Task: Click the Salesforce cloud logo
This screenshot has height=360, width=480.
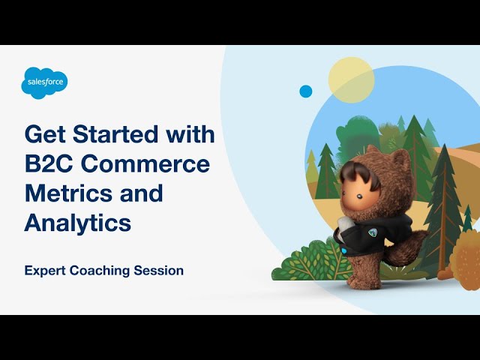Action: [44, 83]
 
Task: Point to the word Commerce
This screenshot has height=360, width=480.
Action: [145, 163]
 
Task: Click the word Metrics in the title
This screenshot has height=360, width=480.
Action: [68, 193]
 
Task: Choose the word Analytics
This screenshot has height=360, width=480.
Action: [78, 223]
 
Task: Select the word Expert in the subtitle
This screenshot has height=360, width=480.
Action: [45, 271]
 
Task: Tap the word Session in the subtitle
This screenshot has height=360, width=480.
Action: [158, 271]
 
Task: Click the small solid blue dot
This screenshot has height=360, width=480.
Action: [305, 91]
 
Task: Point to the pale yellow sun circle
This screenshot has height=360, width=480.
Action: [352, 80]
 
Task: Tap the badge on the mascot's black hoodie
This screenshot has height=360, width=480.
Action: [373, 232]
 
